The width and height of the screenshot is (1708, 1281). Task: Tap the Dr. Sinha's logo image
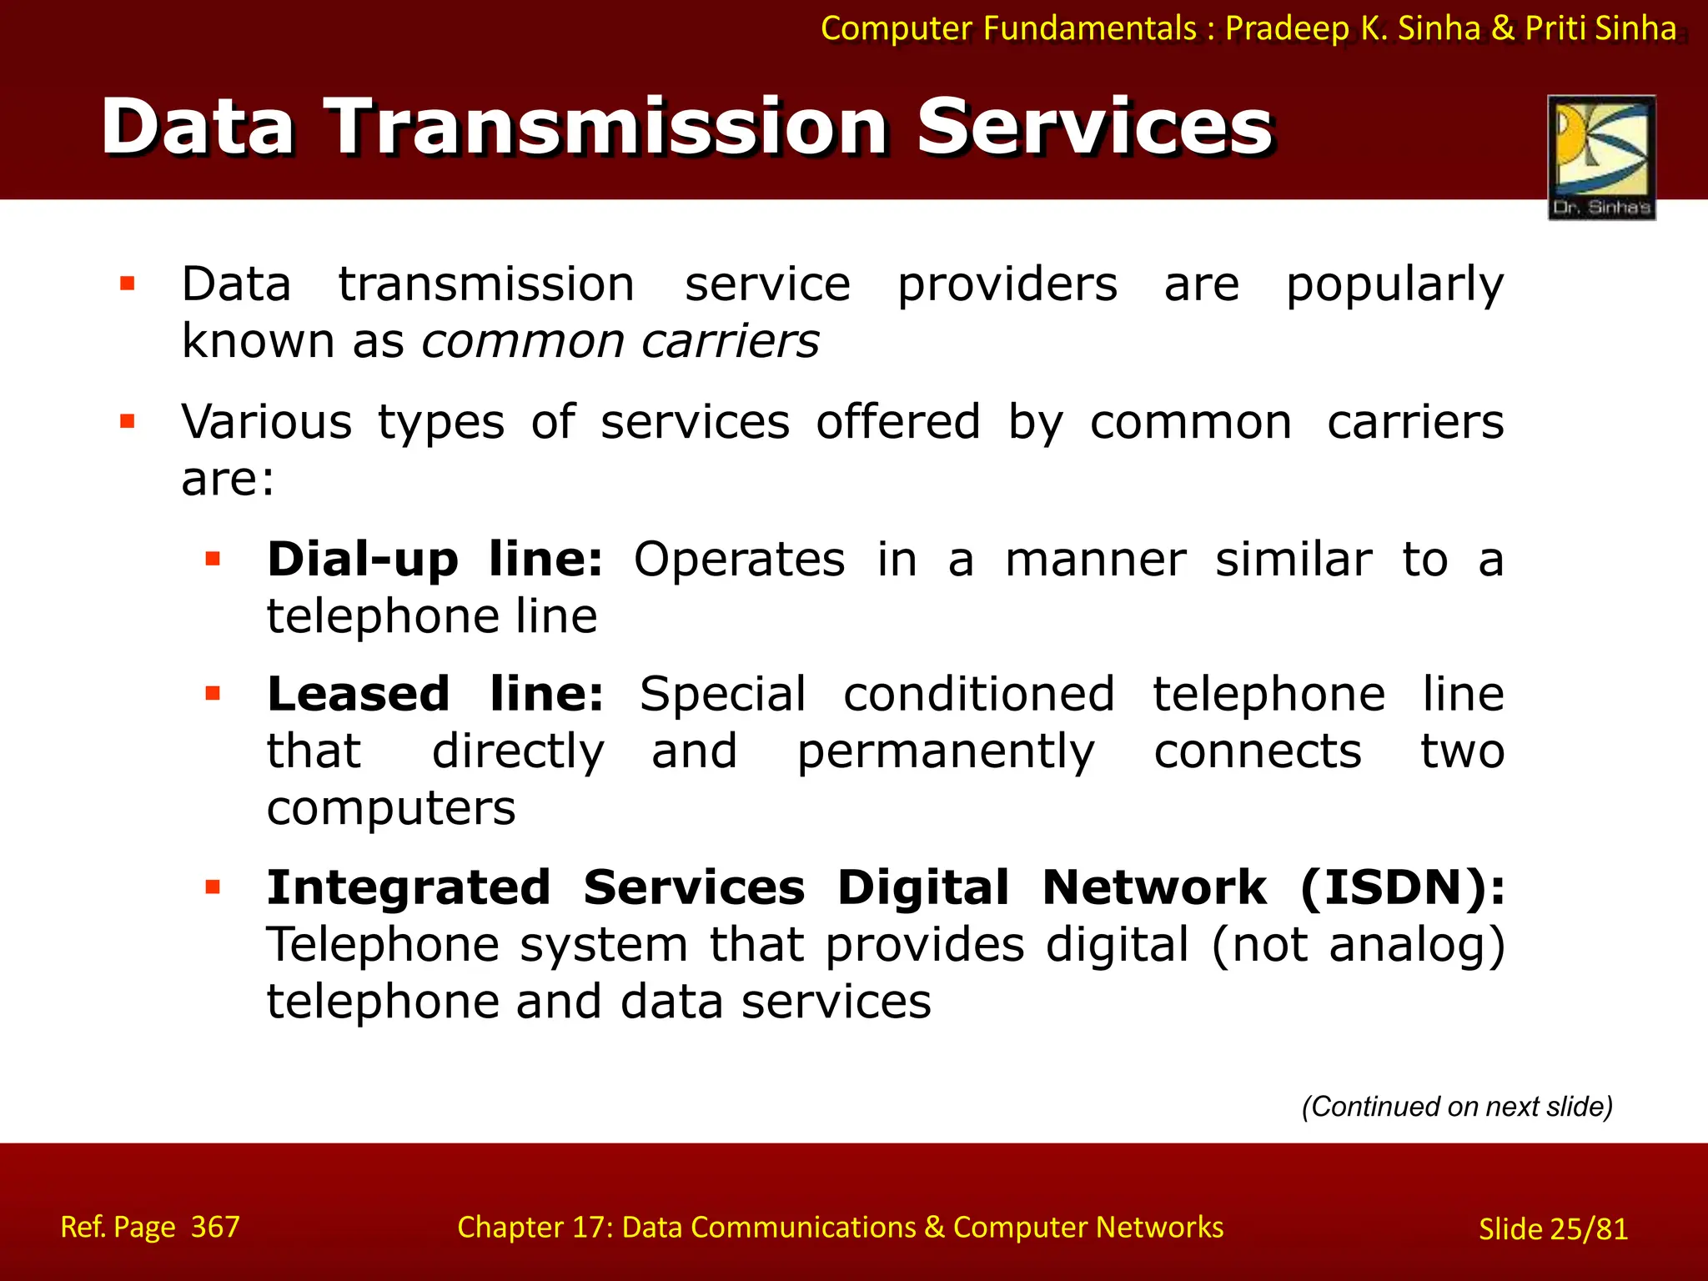(x=1601, y=157)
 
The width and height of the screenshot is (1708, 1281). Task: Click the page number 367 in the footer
(x=215, y=1227)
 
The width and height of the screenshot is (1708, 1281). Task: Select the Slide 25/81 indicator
(x=1553, y=1229)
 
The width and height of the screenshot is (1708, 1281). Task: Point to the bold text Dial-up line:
(x=435, y=559)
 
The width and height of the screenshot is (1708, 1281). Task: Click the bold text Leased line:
(x=435, y=694)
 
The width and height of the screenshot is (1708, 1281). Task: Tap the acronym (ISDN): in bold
(x=1402, y=887)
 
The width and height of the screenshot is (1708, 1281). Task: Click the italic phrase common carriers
(x=620, y=341)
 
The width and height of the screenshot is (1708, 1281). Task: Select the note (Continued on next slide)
(x=1457, y=1107)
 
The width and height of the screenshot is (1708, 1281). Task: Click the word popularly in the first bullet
(x=1394, y=285)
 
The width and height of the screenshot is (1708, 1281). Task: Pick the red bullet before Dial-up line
(x=213, y=559)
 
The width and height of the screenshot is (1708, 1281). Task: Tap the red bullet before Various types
(x=128, y=421)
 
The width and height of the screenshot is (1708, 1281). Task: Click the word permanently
(x=945, y=752)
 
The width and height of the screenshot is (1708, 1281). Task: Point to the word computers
(x=391, y=809)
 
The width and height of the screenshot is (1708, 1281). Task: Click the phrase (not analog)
(x=1358, y=946)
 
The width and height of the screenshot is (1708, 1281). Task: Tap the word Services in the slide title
(x=1095, y=127)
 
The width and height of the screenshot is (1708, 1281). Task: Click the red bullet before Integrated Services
(x=213, y=887)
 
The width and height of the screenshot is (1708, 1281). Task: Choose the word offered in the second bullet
(x=897, y=422)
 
